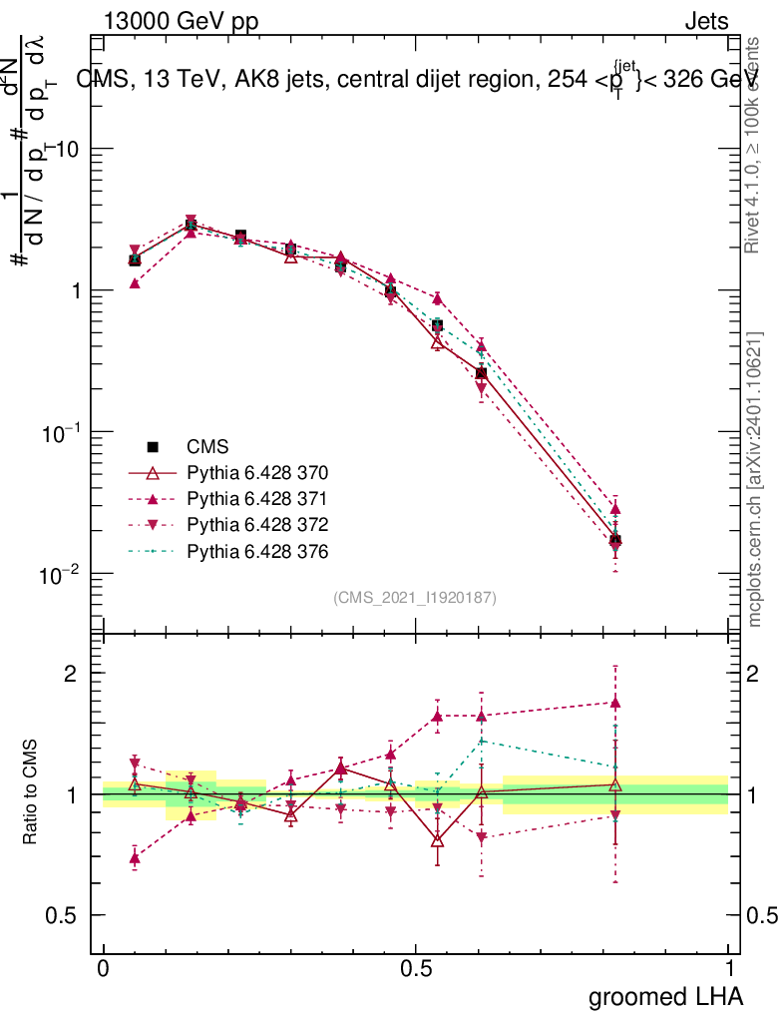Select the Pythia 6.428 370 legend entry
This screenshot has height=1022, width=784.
[257, 473]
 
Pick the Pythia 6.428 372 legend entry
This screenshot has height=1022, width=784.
[257, 525]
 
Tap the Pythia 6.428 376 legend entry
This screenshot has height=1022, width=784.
[257, 551]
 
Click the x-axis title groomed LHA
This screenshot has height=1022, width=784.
[665, 997]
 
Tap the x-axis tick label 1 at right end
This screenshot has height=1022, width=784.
[729, 969]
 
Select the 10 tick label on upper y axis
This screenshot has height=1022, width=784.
[68, 149]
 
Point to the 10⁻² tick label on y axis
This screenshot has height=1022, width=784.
[62, 575]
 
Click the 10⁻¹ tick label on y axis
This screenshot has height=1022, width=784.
[62, 433]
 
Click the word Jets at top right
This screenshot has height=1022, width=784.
[705, 22]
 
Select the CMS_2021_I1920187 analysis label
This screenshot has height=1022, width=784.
[415, 598]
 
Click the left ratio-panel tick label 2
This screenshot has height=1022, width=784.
[71, 674]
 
